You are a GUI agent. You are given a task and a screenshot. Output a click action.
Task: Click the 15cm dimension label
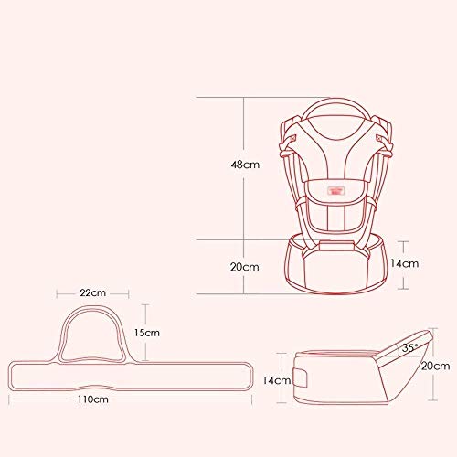point(148,334)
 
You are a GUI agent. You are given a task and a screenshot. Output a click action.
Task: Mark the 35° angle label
point(409,347)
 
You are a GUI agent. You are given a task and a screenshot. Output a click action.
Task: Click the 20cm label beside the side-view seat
point(432,366)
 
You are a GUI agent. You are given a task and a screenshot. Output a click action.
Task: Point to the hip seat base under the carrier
point(339,265)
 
